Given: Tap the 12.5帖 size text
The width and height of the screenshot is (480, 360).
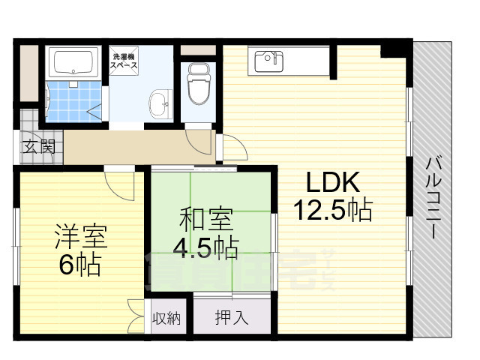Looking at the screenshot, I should click(335, 210).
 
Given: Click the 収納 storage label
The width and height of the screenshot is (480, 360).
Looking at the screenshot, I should click(166, 317).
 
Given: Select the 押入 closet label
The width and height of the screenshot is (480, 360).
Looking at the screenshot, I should click(231, 317).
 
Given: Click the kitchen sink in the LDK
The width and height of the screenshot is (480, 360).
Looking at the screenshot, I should click(267, 58).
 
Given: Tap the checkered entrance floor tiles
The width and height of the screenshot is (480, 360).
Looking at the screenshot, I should click(28, 124).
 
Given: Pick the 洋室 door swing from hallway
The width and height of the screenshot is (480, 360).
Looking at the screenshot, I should click(118, 181).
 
